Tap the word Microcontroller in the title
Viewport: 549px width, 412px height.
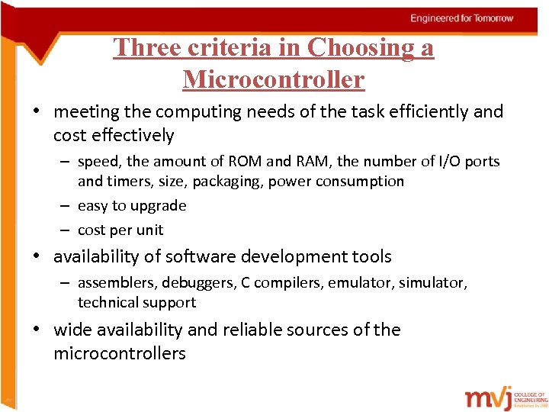(x=274, y=79)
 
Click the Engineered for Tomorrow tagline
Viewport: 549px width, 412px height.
(x=462, y=18)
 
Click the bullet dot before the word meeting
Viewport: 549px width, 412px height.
(x=37, y=111)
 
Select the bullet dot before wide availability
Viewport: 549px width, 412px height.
(x=37, y=330)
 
